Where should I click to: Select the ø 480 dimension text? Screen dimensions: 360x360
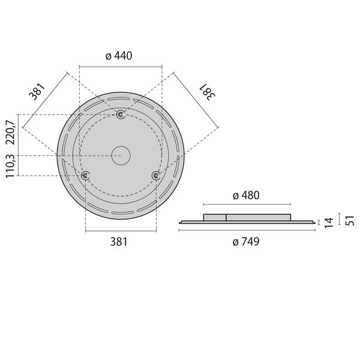click(x=246, y=196)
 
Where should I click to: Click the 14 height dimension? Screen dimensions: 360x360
click(x=328, y=223)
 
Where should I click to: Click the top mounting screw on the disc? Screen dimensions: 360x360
click(x=121, y=114)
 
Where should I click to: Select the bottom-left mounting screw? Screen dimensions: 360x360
click(x=85, y=175)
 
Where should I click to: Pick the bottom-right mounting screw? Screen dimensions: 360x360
click(x=156, y=175)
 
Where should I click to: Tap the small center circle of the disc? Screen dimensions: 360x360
click(x=121, y=155)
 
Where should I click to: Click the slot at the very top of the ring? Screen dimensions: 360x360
click(x=121, y=97)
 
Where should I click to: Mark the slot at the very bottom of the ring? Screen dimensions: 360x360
click(x=121, y=213)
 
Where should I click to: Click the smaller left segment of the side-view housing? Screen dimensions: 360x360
click(x=215, y=217)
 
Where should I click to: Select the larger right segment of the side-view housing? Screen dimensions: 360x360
click(x=258, y=217)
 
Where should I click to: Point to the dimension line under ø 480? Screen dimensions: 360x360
click(x=247, y=205)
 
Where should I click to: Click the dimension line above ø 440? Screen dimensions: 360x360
click(x=121, y=67)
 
